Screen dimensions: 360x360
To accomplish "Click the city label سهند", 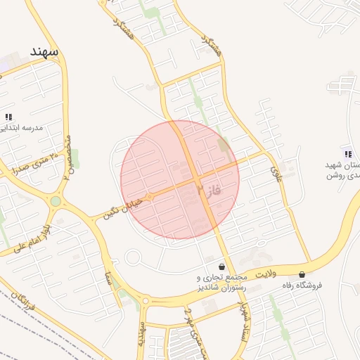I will (43, 52).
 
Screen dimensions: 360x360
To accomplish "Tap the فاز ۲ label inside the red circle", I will (209, 189).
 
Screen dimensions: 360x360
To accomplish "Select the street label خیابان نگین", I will (122, 208).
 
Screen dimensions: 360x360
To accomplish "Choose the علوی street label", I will (275, 169).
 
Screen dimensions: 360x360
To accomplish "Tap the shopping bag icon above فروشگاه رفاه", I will (302, 274).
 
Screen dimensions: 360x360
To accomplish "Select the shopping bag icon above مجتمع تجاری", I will (222, 267).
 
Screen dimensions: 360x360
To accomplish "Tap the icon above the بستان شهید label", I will (347, 153).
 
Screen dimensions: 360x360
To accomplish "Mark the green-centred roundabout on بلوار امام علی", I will (56, 202).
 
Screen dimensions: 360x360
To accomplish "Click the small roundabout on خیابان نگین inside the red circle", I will (149, 198).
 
